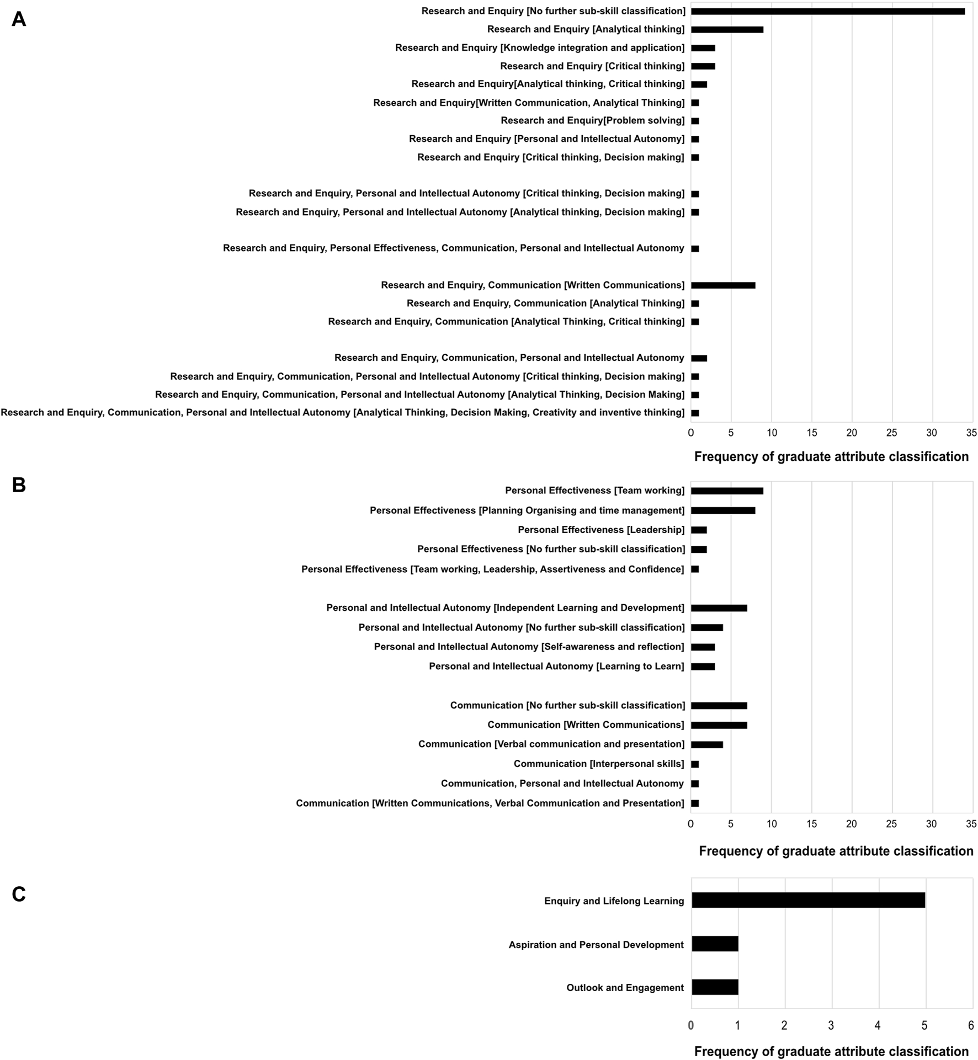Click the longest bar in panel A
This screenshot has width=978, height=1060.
pyautogui.click(x=828, y=11)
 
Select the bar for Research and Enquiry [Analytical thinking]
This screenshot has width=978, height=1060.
pyautogui.click(x=727, y=29)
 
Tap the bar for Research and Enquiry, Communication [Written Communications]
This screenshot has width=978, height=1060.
pyautogui.click(x=723, y=285)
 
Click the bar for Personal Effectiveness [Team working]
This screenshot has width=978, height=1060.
pyautogui.click(x=727, y=491)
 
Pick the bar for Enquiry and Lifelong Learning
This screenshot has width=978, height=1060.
pyautogui.click(x=808, y=900)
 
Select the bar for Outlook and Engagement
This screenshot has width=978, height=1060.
pyautogui.click(x=715, y=987)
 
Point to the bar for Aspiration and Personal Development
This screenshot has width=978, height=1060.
pyautogui.click(x=715, y=944)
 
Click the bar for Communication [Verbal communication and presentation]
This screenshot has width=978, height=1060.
pyautogui.click(x=707, y=744)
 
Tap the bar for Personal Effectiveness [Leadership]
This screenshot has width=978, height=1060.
pyautogui.click(x=699, y=530)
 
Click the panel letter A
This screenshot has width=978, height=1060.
pyautogui.click(x=19, y=20)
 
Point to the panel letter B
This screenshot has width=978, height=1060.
pyautogui.click(x=19, y=485)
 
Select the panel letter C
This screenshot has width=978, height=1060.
pyautogui.click(x=19, y=894)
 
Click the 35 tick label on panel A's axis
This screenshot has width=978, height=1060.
pyautogui.click(x=971, y=433)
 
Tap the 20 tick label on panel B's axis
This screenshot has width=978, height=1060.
pyautogui.click(x=852, y=824)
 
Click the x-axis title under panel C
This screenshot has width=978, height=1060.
pyautogui.click(x=831, y=1051)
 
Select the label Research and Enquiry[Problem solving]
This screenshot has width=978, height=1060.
pyautogui.click(x=593, y=120)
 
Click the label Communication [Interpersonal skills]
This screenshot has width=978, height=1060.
pyautogui.click(x=599, y=764)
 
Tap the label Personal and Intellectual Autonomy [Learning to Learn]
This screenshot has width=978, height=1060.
pyautogui.click(x=556, y=667)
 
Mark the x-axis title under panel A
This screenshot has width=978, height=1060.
pyautogui.click(x=831, y=457)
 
